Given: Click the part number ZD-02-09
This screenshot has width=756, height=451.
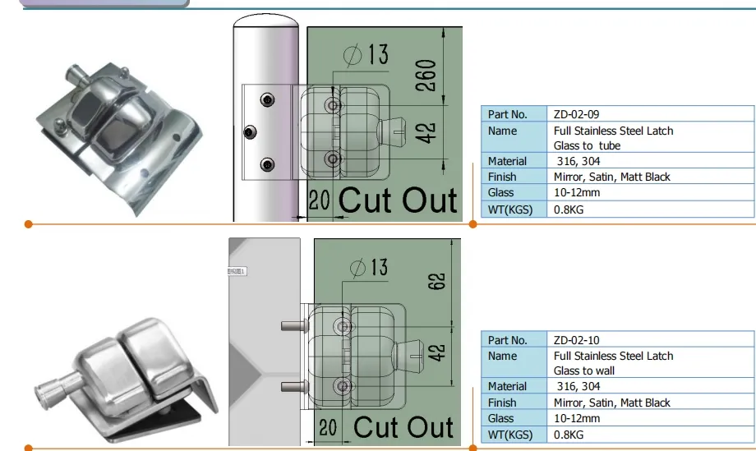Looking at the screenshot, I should point(583,114).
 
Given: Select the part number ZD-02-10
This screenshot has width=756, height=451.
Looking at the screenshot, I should point(583,340).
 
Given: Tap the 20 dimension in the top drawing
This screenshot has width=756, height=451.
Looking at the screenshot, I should point(319,200).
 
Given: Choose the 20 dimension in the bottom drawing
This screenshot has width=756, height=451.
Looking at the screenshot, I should point(328,427).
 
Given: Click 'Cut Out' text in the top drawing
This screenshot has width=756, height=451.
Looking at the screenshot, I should point(398,200).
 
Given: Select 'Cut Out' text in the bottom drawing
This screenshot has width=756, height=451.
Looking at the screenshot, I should point(403,427).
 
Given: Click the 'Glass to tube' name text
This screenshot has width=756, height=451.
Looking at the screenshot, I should point(587,146).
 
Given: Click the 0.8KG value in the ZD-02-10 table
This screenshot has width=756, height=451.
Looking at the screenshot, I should point(570,435).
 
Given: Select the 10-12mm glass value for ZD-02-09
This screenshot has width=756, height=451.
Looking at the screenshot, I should point(577,193).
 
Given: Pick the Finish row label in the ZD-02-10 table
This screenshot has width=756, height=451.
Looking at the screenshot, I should point(502,403).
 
